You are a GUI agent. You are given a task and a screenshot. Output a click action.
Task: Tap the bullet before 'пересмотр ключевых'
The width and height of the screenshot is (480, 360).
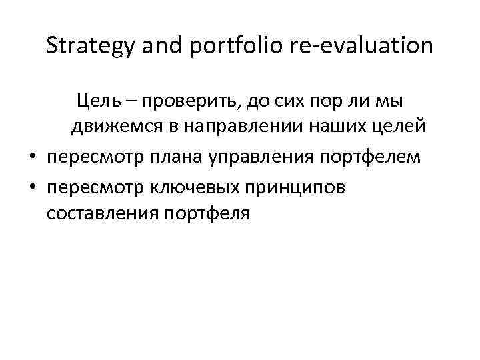31,187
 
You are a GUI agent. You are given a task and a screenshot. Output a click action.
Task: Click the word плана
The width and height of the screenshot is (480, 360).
177,157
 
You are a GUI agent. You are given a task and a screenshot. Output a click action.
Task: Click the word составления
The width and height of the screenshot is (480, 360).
94,215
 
